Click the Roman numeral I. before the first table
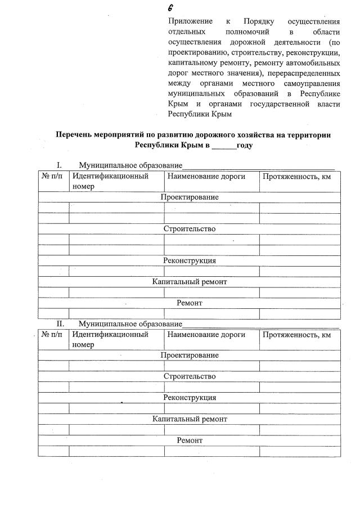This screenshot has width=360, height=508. coord(58,165)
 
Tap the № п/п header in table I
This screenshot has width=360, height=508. coord(53,176)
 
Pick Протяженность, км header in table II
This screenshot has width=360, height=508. coord(296,335)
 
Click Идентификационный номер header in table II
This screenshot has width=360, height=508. coord(110,339)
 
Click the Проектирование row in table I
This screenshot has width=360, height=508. coord(190,197)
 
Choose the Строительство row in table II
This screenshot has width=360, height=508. coord(190,376)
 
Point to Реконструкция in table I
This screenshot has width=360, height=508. coord(190,260)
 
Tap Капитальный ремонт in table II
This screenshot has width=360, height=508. coord(190,419)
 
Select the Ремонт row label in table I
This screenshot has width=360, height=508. coord(190,303)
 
